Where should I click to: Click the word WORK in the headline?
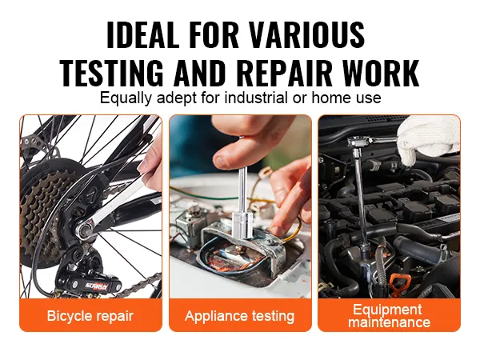380,73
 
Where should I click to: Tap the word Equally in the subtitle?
123,98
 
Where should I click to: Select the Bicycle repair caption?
91,315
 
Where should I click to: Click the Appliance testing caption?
239,315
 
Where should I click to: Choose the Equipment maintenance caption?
390,315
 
